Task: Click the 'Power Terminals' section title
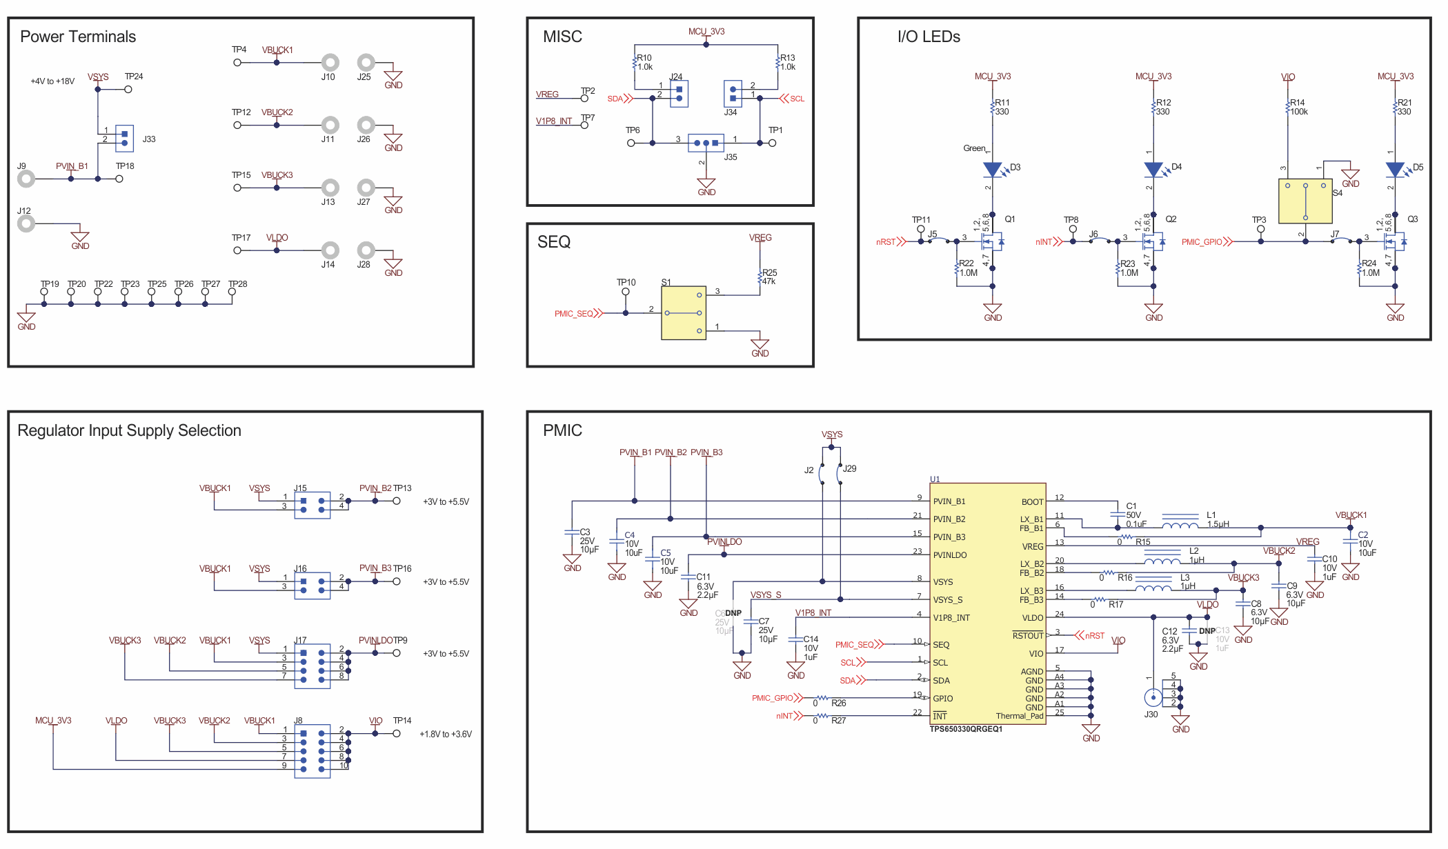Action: [78, 37]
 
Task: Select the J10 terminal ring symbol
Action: [330, 63]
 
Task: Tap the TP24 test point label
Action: [134, 77]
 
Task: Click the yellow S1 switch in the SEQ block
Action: [683, 312]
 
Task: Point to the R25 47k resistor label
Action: [769, 277]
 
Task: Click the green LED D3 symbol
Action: [992, 170]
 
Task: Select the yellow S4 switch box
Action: [1305, 201]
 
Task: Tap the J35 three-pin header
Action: [706, 143]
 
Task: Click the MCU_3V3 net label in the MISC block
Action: [706, 32]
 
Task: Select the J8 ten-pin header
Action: [312, 751]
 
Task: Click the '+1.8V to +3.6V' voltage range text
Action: [446, 734]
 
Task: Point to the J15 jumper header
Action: [312, 505]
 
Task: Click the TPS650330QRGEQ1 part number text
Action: [966, 729]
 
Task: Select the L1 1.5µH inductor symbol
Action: [1180, 526]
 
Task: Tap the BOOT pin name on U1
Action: [1032, 502]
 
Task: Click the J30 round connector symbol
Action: [1152, 697]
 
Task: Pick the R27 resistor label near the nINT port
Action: [838, 721]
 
